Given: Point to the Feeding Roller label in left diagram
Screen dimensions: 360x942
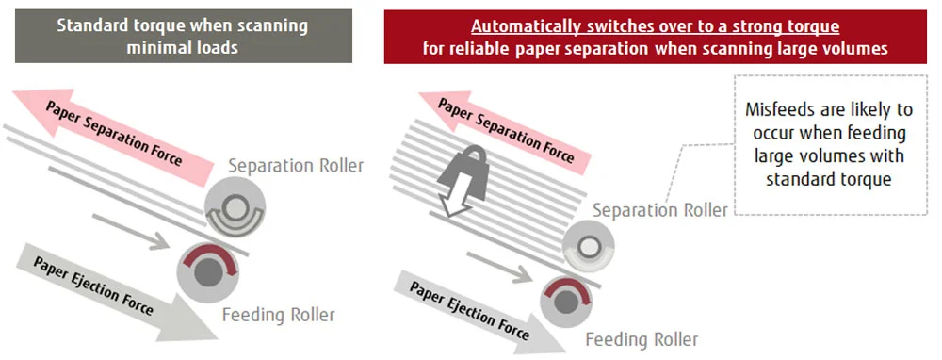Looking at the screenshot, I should pyautogui.click(x=278, y=314).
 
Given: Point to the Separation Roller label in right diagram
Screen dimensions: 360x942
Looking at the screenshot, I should pyautogui.click(x=659, y=210).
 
